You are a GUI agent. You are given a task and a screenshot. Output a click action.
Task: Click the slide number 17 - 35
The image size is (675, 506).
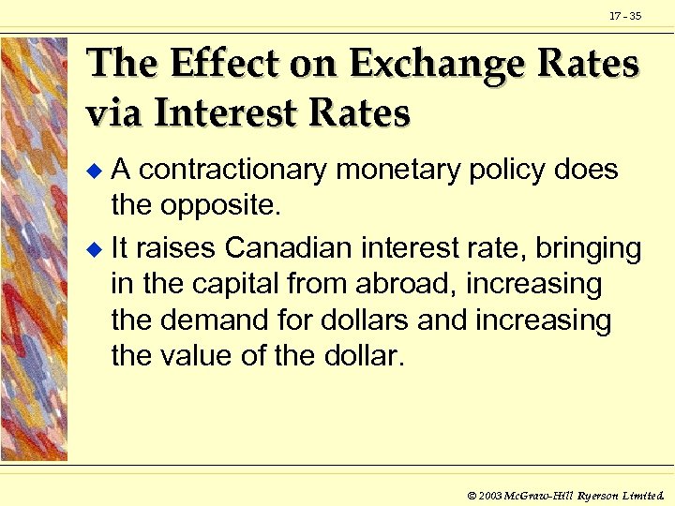625,16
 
